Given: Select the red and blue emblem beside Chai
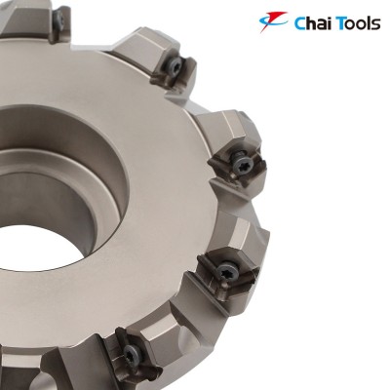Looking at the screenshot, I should point(275,21).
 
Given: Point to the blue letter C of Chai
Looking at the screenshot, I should point(300,22).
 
